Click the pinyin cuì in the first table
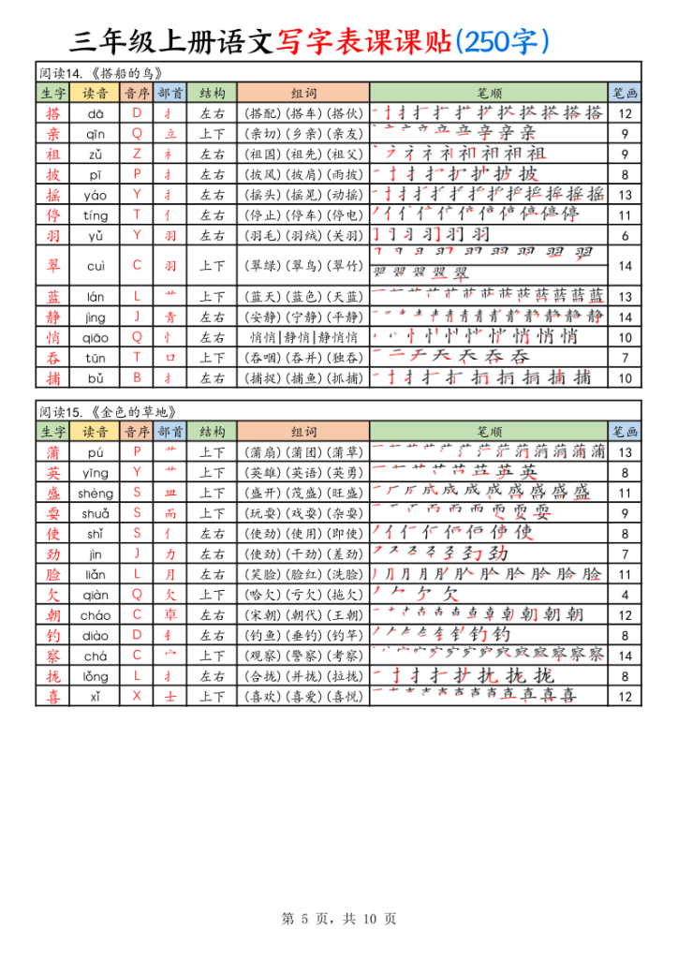tap(96, 266)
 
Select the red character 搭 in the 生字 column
tap(52, 113)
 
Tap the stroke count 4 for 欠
tap(625, 595)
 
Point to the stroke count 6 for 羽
tap(625, 235)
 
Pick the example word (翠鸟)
tap(303, 266)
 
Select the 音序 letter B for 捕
tap(137, 377)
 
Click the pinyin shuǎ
tap(96, 512)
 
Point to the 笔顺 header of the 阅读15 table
tap(489, 432)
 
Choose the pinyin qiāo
tap(96, 337)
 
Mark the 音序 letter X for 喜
tap(137, 696)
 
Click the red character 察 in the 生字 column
tap(52, 656)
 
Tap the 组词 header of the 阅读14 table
tap(303, 93)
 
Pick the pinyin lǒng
tap(96, 675)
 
